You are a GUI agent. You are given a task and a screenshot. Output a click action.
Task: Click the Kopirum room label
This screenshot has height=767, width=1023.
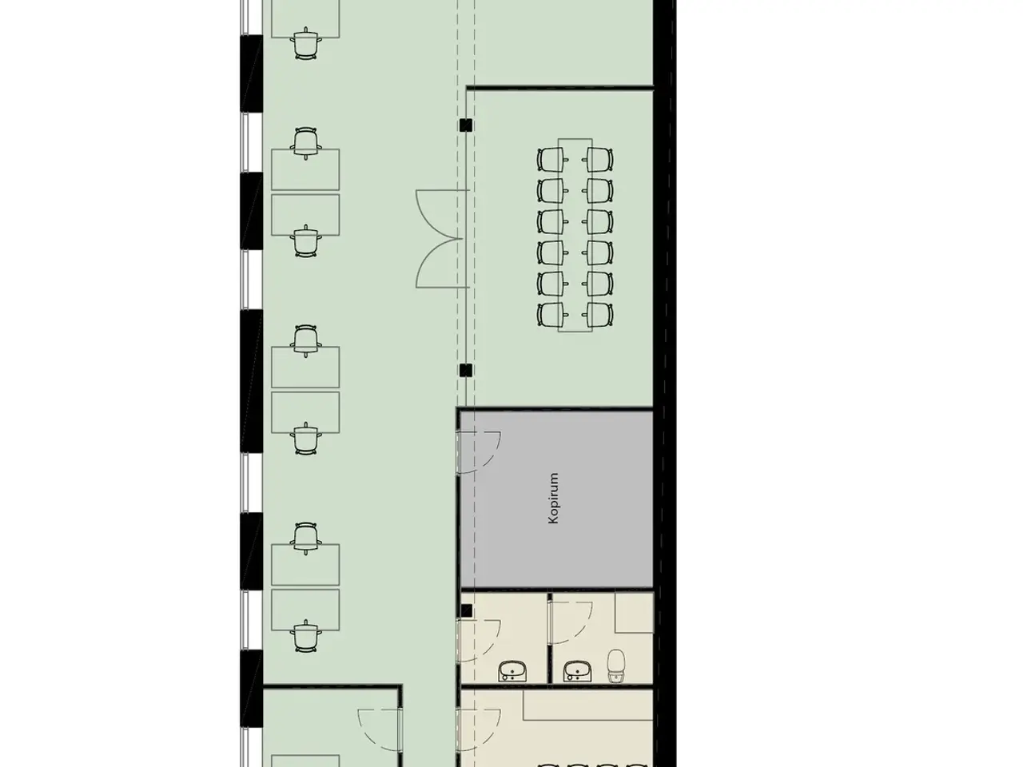click(553, 499)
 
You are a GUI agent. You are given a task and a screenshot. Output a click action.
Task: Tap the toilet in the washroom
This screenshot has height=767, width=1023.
click(616, 666)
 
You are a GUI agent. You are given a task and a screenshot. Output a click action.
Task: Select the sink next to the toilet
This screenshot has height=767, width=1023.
click(578, 672)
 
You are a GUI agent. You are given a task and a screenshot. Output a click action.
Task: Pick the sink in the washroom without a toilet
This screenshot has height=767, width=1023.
click(512, 672)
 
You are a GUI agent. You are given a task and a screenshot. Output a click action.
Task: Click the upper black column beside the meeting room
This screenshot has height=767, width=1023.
click(466, 125)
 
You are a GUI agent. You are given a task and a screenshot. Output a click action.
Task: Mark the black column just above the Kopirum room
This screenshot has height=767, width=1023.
click(466, 371)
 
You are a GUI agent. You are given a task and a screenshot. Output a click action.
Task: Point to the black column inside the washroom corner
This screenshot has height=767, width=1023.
click(467, 610)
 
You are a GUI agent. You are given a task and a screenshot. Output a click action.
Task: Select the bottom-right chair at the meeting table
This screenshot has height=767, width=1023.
click(598, 315)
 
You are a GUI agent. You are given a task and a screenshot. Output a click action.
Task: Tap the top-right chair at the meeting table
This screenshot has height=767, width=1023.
click(598, 159)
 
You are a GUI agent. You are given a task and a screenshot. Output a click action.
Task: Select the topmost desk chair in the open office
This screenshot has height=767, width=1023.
click(306, 44)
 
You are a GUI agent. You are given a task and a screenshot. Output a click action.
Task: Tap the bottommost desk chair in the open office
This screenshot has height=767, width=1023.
click(306, 636)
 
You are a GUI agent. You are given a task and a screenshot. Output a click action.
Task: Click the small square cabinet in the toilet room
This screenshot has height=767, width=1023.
click(635, 612)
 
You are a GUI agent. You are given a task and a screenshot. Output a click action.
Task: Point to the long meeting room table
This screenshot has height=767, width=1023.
click(575, 235)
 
